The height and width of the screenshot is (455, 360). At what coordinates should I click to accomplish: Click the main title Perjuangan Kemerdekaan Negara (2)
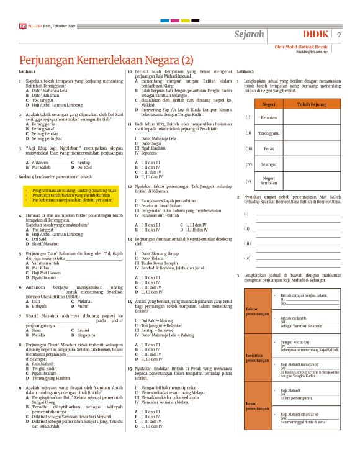[x=106, y=61]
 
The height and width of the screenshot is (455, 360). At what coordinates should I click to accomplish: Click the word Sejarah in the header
[x=250, y=34]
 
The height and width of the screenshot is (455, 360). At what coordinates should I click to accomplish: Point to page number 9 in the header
[x=339, y=34]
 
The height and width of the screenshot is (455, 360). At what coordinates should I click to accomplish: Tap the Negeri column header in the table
[x=269, y=104]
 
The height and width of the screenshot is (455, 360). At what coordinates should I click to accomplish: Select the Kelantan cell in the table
[x=269, y=117]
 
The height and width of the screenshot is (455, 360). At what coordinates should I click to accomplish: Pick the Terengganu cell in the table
[x=269, y=133]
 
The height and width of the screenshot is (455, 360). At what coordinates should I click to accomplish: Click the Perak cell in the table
[x=269, y=149]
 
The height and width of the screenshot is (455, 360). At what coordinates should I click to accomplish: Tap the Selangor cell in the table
[x=269, y=164]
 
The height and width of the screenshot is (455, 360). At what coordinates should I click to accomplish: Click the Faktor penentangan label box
[x=256, y=311]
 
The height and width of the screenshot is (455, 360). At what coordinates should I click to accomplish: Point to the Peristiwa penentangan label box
[x=256, y=358]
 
